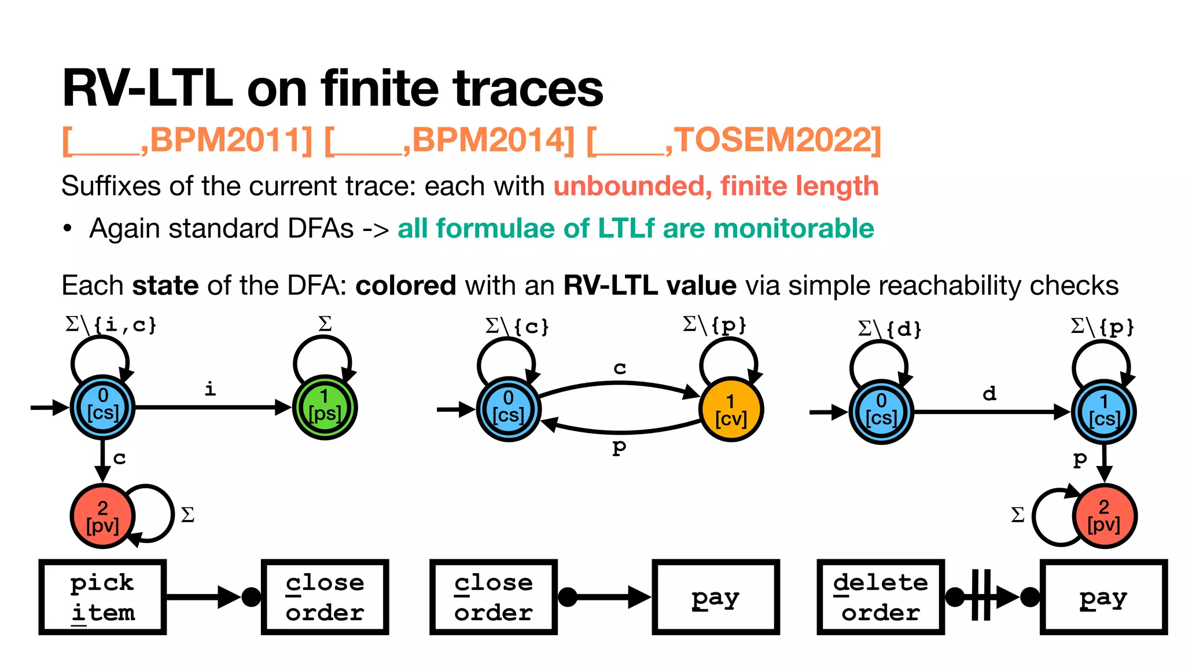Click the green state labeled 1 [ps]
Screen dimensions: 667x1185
click(325, 407)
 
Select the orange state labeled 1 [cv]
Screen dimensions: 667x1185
click(731, 409)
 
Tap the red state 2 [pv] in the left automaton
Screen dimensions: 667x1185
click(102, 516)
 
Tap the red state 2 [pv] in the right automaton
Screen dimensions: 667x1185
click(1104, 515)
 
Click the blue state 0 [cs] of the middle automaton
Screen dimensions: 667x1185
click(508, 409)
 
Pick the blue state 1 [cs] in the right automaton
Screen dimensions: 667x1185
click(1103, 411)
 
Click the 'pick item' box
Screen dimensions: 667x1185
click(102, 597)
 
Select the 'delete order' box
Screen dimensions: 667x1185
click(880, 597)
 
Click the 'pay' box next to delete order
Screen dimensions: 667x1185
click(1103, 597)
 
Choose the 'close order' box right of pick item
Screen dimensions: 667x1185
click(325, 597)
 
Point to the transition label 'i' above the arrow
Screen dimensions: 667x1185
click(210, 389)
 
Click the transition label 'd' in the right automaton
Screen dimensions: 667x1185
click(989, 394)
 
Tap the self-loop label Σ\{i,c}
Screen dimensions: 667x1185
click(111, 325)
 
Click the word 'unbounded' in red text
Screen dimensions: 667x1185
click(628, 186)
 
